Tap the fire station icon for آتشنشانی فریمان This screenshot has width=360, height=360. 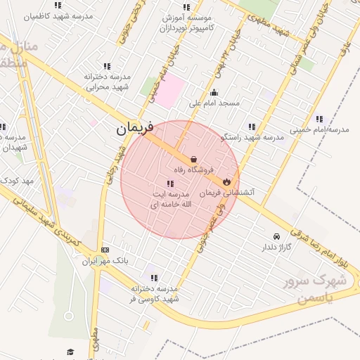coord(226,181)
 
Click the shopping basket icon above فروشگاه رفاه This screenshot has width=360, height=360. coord(193,160)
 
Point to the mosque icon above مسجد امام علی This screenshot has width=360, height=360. coord(214,93)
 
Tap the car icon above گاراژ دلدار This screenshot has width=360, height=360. coord(276,236)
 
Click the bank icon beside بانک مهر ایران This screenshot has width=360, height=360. coord(105,250)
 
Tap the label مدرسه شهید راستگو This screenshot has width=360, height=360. coord(252,137)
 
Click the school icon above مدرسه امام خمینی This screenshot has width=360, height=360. coord(320,119)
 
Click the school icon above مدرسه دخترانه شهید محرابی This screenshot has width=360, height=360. coord(107,66)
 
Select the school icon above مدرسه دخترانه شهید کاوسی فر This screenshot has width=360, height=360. coord(154,278)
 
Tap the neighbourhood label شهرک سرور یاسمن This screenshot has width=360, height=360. coord(314,288)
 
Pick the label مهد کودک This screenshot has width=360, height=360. coord(17,181)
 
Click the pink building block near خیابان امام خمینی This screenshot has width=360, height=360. coord(169,91)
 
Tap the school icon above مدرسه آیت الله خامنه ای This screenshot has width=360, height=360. coord(169,184)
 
